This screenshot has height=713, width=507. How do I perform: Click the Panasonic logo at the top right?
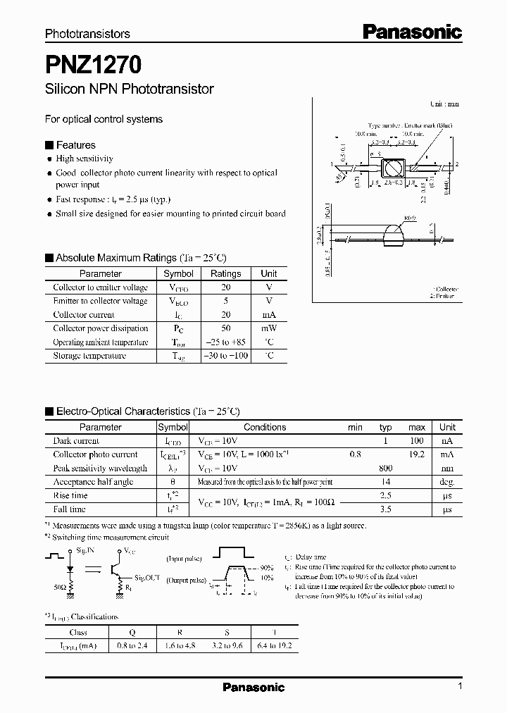[412, 32]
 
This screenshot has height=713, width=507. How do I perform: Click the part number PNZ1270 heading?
[94, 65]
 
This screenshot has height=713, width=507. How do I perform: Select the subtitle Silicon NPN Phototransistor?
[129, 89]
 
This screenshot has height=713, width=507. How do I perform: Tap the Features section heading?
[75, 145]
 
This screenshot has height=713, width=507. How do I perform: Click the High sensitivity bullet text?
[84, 159]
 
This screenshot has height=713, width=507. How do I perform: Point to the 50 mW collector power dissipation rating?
[225, 328]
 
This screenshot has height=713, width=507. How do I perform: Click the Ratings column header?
[225, 273]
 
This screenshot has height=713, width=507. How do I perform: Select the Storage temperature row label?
[89, 356]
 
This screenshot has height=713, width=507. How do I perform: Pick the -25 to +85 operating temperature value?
[225, 342]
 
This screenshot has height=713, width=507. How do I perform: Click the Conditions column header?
[265, 427]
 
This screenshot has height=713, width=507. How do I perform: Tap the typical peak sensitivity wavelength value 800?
[386, 469]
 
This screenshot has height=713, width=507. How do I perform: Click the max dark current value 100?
[416, 440]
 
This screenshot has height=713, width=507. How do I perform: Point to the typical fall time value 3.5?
[386, 509]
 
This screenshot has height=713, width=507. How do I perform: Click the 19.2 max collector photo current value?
[416, 454]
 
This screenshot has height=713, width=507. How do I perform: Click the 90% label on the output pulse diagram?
[266, 567]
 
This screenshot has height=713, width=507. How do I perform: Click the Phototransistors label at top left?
[87, 33]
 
